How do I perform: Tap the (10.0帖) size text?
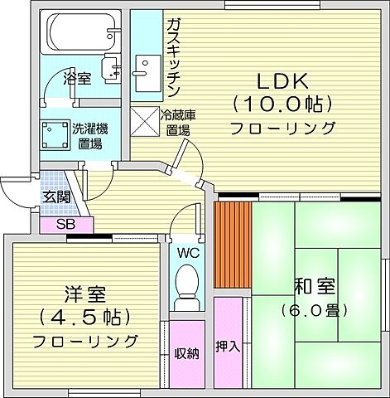tap(282, 105)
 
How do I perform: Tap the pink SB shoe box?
tap(66, 224)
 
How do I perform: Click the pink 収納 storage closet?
tap(186, 353)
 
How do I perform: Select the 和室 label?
tap(314, 288)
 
